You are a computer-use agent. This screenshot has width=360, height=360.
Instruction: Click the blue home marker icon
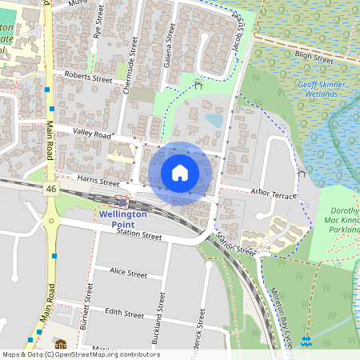pyautogui.click(x=180, y=172)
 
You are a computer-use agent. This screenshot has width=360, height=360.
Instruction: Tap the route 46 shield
pyautogui.click(x=50, y=188)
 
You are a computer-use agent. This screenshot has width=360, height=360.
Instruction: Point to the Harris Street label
pyautogui.click(x=98, y=182)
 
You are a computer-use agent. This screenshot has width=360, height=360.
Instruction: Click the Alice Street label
pyautogui.click(x=129, y=274)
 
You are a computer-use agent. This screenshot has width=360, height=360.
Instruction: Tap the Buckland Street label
pyautogui.click(x=161, y=312)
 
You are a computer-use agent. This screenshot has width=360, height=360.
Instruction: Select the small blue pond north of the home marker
pyautogui.click(x=214, y=120)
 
